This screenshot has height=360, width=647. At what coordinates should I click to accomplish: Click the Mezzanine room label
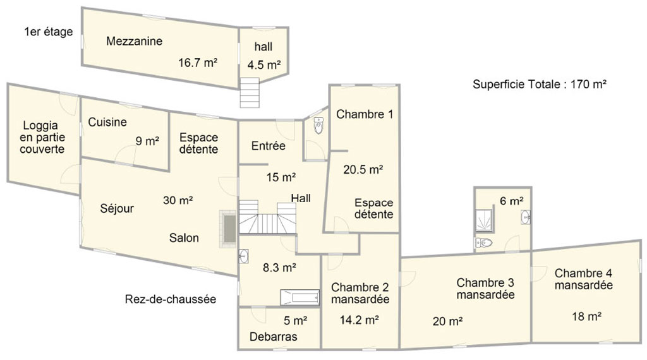pos(134,41)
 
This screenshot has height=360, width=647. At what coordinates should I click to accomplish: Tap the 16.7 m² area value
pos(198,63)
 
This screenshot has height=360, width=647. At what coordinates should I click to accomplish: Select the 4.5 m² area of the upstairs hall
pos(264,65)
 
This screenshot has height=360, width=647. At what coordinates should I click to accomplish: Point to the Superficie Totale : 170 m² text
pos(540,84)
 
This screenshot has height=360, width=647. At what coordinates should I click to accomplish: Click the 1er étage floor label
pos(49,32)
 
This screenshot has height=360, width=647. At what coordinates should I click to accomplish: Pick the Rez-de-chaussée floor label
pos(171,299)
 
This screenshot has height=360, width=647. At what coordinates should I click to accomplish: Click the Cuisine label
pos(107,122)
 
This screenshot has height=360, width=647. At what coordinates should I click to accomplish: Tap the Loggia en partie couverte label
pos(42,137)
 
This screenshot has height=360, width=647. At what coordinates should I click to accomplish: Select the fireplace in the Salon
pos(228,229)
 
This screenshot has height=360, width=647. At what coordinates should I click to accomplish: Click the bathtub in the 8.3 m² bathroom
pos(300,297)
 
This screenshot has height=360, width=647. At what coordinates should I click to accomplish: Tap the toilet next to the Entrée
pos(318,125)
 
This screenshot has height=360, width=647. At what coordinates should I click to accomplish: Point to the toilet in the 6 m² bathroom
pos(483,242)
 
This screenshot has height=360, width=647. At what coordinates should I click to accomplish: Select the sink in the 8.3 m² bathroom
pos(243,256)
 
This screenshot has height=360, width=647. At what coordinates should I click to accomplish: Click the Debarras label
pos(273,337)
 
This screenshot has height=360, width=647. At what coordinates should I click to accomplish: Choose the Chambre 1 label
pos(365,114)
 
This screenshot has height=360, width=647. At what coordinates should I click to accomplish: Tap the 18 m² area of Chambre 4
pos(586,316)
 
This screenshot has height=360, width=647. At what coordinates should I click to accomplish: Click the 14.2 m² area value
pos(360,320)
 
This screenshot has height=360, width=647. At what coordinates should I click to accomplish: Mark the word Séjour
pos(117,208)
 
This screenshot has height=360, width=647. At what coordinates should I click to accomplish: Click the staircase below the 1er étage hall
pos(250,93)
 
